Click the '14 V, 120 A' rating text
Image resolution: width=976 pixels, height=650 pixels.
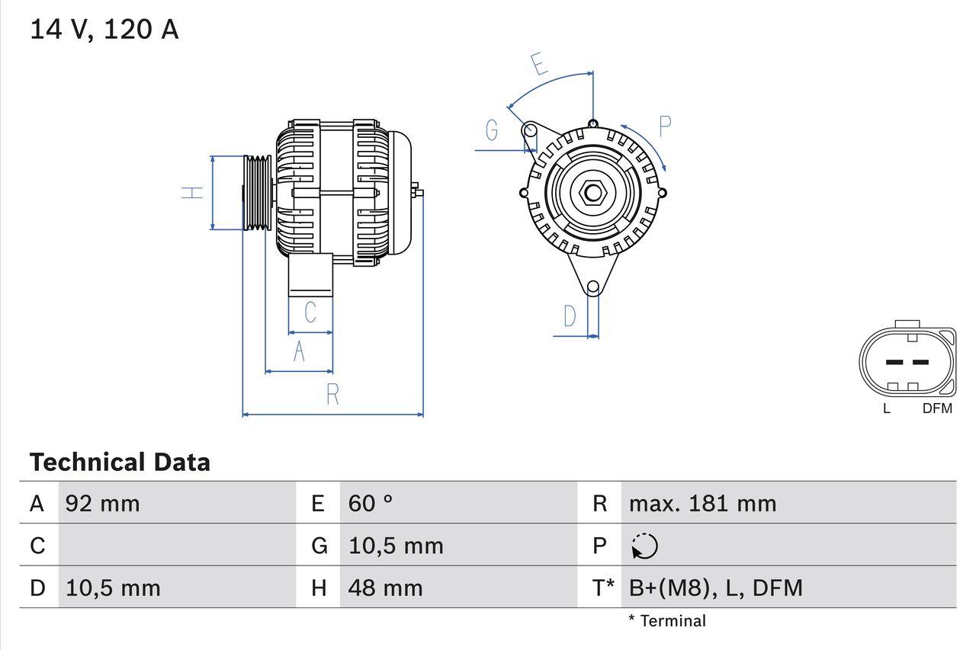104,30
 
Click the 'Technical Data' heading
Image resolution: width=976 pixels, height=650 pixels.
120,462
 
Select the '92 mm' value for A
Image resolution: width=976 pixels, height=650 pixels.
103,503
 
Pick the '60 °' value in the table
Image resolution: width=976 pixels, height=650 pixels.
371,503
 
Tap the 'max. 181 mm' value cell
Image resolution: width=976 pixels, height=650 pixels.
702,503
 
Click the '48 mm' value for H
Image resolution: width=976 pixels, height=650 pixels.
385,588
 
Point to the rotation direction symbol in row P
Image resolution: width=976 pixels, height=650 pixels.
645,546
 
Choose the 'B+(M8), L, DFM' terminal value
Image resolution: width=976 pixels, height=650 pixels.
715,588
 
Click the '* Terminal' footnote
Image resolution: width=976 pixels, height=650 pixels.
667,621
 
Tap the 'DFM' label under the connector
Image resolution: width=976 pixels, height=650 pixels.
937,408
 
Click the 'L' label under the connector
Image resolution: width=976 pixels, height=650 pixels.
887,408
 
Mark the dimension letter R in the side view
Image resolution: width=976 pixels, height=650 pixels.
332,395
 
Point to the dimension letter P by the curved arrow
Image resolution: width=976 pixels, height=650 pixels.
665,127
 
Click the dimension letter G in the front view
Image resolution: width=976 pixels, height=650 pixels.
492,131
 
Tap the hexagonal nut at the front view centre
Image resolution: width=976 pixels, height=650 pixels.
592,192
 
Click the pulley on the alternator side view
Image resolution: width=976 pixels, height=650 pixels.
257,193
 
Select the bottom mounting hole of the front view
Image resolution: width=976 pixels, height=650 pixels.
593,287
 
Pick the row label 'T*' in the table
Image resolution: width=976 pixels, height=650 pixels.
603,588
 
